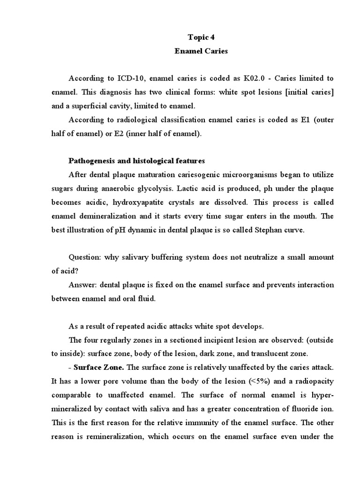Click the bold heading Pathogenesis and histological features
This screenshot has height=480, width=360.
(x=136, y=161)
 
